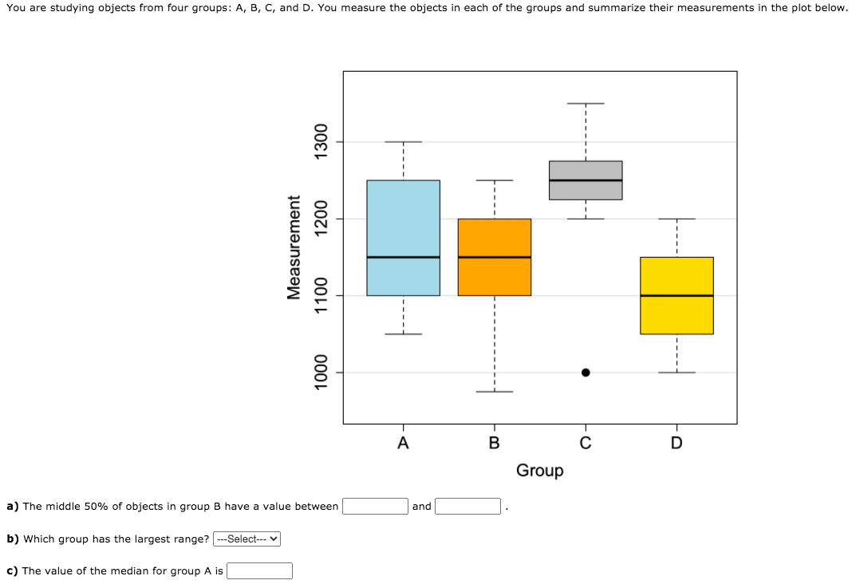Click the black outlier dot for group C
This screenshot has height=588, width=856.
point(586,373)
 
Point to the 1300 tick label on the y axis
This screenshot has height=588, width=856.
point(321,142)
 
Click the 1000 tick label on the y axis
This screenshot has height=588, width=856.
point(321,373)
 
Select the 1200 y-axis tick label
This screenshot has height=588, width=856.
point(321,219)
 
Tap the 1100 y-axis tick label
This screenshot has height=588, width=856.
point(321,295)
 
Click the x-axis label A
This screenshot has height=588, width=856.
point(403,443)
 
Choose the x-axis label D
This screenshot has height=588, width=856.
point(677,443)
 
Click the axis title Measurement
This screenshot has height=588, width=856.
point(294,247)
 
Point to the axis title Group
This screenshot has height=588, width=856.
point(539,471)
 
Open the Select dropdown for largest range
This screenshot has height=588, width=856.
point(247,539)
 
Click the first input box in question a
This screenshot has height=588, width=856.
point(376,506)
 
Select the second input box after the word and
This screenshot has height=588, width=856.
point(467,506)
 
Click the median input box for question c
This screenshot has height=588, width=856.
point(259,570)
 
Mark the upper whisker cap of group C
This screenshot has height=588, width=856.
point(586,104)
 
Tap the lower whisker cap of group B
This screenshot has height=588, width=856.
point(494,392)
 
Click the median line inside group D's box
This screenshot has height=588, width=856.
point(677,295)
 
